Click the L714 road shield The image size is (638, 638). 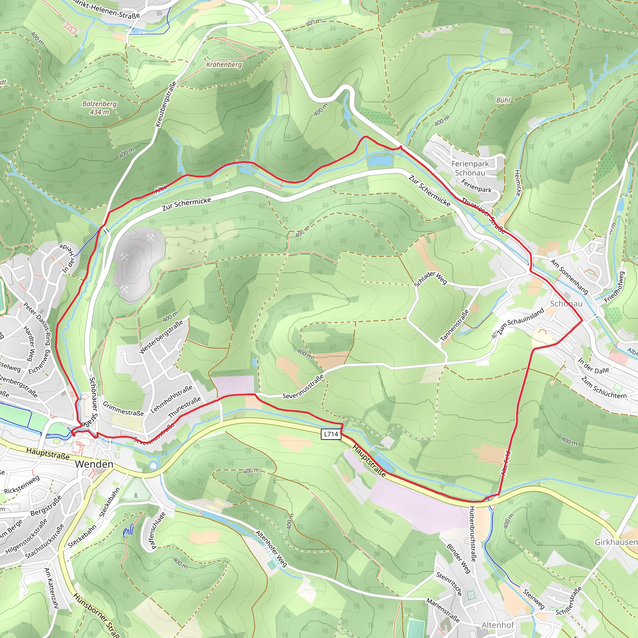click(x=331, y=434)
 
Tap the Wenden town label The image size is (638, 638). click(x=94, y=464)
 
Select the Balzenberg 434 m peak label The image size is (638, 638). click(x=99, y=108)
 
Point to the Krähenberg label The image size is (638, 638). click(x=224, y=64)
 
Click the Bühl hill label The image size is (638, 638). click(x=503, y=100)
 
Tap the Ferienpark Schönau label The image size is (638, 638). click(x=470, y=168)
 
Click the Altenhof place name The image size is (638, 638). click(x=498, y=625)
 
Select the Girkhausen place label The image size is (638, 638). click(x=616, y=542)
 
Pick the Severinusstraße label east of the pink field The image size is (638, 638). click(x=303, y=387)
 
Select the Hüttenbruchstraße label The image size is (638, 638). click(x=473, y=534)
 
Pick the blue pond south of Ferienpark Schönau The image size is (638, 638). click(x=380, y=161)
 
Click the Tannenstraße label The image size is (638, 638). click(x=455, y=326)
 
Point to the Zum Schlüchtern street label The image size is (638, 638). click(x=604, y=387)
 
